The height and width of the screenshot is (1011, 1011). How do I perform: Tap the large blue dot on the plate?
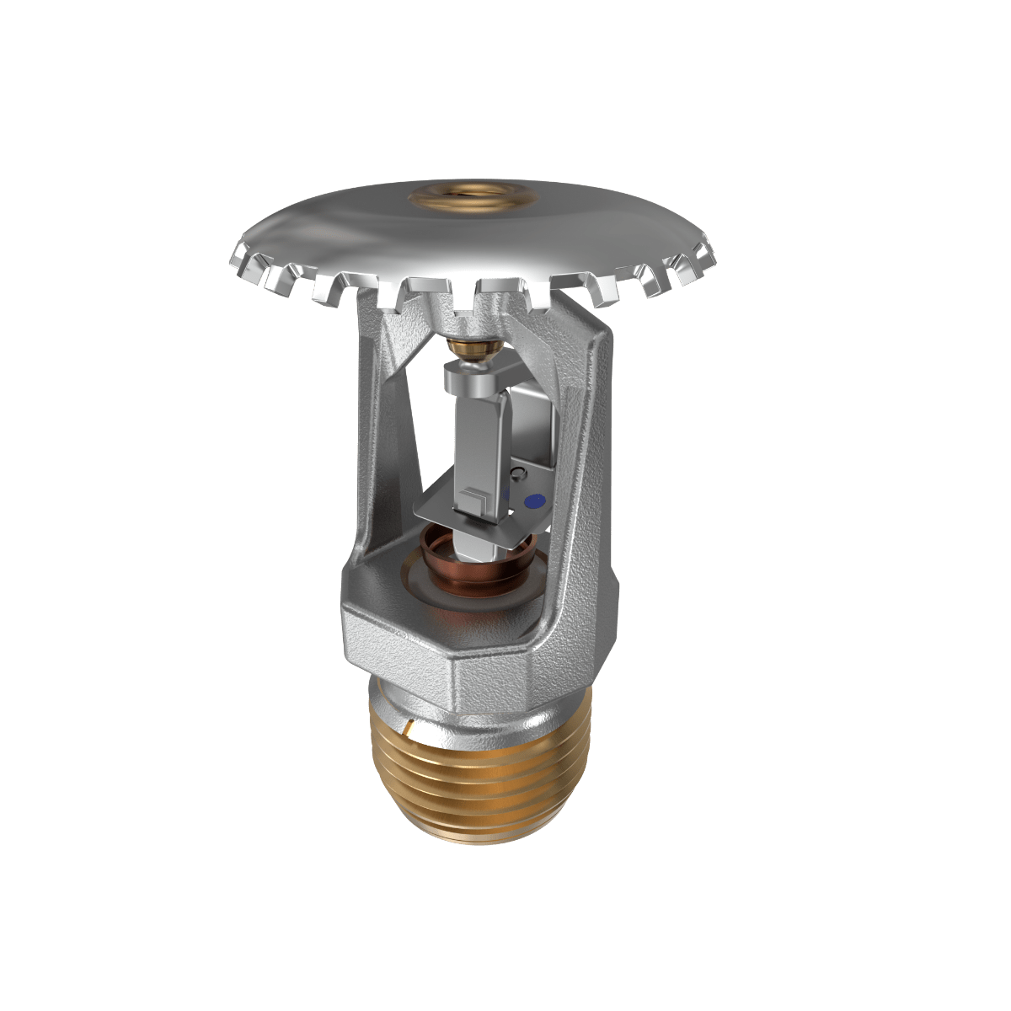(531, 500)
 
